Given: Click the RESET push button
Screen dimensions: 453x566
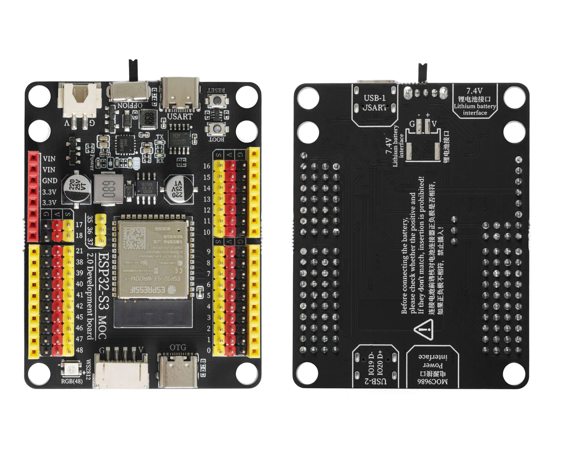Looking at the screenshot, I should point(217,100).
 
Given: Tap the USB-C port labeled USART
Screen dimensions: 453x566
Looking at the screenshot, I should point(180,94).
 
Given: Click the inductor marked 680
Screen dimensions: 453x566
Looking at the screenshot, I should point(108,189).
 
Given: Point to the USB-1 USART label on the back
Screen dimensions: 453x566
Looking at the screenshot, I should point(375,103).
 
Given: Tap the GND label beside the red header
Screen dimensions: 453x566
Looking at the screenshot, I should point(49,180).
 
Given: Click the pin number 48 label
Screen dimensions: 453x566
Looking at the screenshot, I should point(79,350).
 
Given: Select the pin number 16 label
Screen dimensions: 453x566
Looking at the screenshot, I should point(207,166).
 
